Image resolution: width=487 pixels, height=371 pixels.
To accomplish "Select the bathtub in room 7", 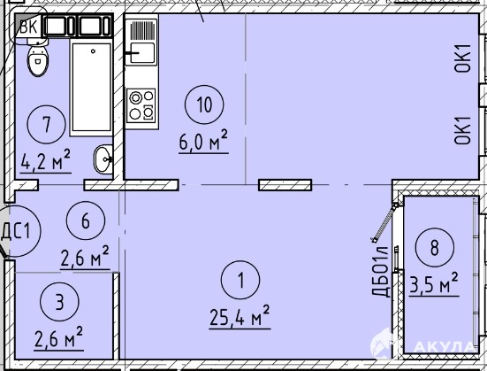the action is point(91,88).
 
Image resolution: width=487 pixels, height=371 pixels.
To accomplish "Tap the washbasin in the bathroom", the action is point(103,159).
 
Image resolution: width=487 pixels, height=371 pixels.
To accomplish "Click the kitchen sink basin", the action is point(142,53).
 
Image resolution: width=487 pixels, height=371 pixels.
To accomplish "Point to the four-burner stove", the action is point(141,105).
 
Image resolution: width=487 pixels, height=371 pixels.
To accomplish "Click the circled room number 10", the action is point(204,104).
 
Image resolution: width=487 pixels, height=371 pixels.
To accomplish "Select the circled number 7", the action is point(47,124).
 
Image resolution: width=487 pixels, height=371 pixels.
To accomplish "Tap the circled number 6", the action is point(86,220).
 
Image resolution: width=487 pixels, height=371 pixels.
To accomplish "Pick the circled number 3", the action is point(59,302).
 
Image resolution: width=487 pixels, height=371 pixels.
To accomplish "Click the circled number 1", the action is point(240,280).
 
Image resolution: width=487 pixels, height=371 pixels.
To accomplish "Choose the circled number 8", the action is point(435,247).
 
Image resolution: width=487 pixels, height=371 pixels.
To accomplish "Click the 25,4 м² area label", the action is point(240,316).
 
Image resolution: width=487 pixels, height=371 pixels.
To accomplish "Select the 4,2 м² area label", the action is point(46,161).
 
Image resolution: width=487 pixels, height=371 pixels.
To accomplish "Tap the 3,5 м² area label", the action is point(434,284).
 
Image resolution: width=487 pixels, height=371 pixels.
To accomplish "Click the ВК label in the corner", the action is point(28,27).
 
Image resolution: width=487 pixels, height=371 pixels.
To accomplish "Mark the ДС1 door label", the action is point(16,231).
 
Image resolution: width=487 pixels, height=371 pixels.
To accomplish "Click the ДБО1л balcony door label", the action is point(380,272).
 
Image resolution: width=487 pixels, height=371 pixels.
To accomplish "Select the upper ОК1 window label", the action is point(463,58).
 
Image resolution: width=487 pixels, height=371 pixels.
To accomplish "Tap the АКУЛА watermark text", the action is point(445,346).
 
